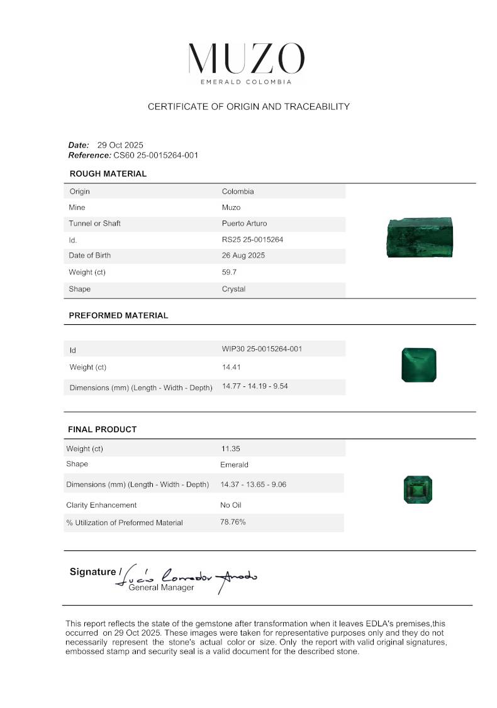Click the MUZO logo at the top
pos(246,59)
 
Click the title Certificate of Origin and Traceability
pos(248,107)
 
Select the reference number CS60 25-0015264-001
pos(155,155)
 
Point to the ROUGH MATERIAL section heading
pos(108,174)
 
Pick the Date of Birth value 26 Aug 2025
pos(243,256)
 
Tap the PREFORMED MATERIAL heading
pos(118,316)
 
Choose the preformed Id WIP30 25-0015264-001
pos(262,349)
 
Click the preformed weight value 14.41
pos(231,367)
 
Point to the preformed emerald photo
pos(418,365)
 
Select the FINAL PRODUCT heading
pos(102,430)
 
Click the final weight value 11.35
pos(230,449)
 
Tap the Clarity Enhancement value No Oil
pos(230,504)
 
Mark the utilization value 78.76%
pos(233,522)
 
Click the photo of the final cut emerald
pos(418,489)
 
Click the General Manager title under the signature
pos(161,588)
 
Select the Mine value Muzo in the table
pos(231,207)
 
